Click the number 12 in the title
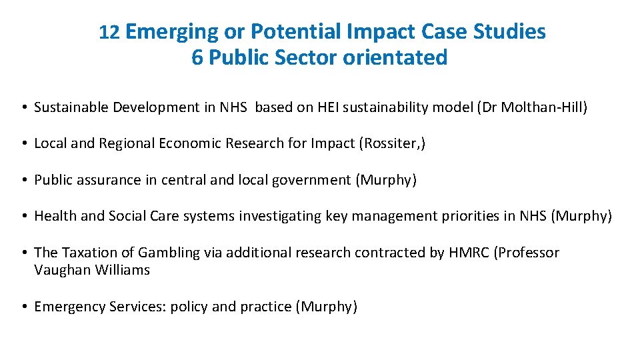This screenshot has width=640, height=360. coord(109,32)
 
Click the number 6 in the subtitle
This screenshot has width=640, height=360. coord(197,58)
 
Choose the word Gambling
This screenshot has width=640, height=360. coord(169,253)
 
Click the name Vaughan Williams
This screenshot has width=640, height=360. coord(92,270)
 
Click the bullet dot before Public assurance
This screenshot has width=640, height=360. coord(23,180)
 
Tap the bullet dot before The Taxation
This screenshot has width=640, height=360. coord(23,253)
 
